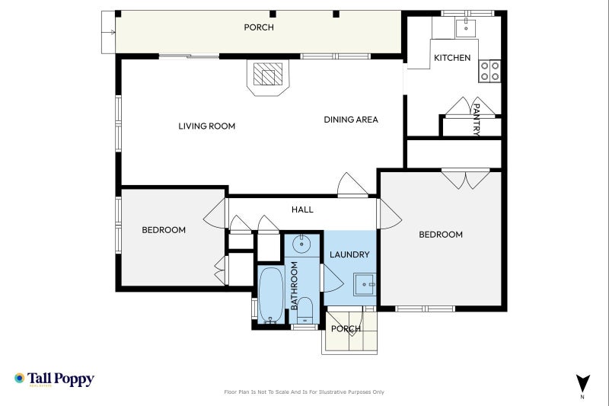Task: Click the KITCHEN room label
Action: click(x=452, y=58)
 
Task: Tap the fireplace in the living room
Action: click(x=268, y=77)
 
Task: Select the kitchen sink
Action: click(x=467, y=27)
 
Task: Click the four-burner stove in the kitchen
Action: click(x=489, y=71)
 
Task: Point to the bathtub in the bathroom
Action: click(x=271, y=295)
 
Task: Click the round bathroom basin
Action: click(x=301, y=244)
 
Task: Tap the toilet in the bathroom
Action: click(x=304, y=311)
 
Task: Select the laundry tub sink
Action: click(x=365, y=284)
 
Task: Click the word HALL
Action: click(x=302, y=209)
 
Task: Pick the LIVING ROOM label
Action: click(x=206, y=126)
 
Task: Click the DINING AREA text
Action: click(x=351, y=120)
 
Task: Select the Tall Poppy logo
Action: click(x=54, y=379)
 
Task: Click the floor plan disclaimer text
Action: click(x=304, y=392)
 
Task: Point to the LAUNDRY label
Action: click(x=349, y=255)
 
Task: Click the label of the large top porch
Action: click(x=259, y=27)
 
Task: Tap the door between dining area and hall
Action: click(x=352, y=185)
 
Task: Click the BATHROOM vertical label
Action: click(x=294, y=286)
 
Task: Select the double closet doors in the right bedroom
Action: click(x=466, y=180)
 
